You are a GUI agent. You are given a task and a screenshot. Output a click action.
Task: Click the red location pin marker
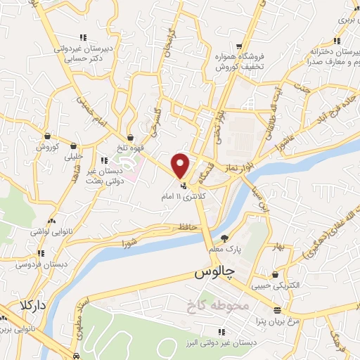(181, 166)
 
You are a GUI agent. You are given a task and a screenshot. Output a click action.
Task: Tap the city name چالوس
(212, 271)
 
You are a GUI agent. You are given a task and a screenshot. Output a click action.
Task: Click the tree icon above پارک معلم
(225, 238)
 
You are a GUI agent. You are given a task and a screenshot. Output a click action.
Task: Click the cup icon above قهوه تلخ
(131, 136)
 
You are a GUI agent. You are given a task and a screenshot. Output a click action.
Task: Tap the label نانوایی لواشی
(48, 231)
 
